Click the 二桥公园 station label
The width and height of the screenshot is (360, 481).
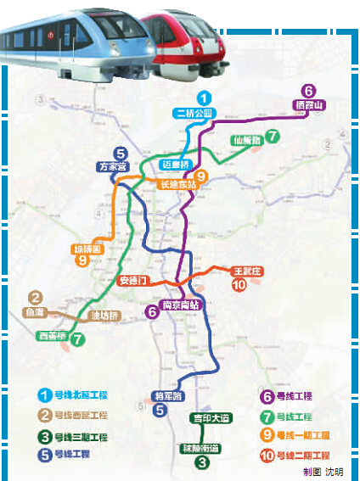coord(196,113)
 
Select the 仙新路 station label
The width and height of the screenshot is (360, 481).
coord(246,140)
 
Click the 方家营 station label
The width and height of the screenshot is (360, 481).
coord(111,167)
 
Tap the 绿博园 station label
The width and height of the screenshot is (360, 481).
coord(87,250)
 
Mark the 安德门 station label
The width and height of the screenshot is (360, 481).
coord(133,280)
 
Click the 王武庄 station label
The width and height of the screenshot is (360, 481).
coord(250,271)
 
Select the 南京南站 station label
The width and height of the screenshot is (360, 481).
coord(181,305)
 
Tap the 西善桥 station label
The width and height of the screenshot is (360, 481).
coord(53,335)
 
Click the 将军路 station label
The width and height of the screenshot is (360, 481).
coord(166,394)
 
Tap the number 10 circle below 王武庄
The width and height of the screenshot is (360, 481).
coord(239,286)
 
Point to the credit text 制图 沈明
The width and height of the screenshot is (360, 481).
coord(323,472)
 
